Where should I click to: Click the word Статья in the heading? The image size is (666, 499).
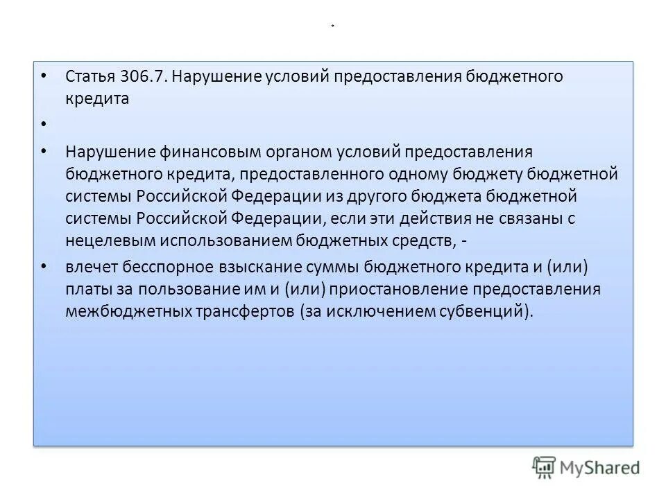coord(90,76)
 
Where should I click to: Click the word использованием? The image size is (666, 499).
coord(219,240)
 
